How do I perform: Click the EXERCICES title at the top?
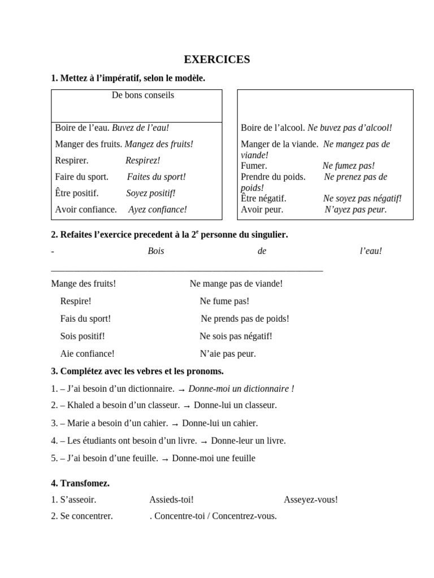point(217,59)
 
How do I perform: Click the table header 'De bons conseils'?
point(143,95)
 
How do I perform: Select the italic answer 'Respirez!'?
point(142,160)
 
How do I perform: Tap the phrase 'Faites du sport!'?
point(156,177)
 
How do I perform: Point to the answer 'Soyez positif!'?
point(150,193)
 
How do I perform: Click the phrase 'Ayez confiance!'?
point(157,209)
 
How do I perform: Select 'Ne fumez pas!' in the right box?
point(348,166)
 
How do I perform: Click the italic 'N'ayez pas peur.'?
point(355,209)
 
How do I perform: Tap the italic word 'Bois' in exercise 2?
point(155,251)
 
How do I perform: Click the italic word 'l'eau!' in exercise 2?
point(371,251)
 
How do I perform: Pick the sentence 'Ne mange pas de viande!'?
point(236,283)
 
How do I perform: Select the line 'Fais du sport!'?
point(85,318)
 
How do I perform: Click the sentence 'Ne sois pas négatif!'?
point(236,336)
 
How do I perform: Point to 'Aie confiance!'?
point(87,354)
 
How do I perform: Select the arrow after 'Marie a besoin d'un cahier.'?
point(175,423)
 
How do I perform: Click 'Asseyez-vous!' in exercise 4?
point(311,500)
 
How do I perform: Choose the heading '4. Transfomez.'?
point(80,483)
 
